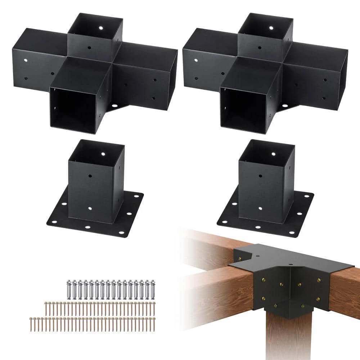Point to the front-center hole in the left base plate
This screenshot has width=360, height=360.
click(88, 228)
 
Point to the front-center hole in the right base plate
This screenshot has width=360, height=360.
click(258, 228)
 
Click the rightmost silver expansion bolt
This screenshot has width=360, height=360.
click(153, 288)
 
